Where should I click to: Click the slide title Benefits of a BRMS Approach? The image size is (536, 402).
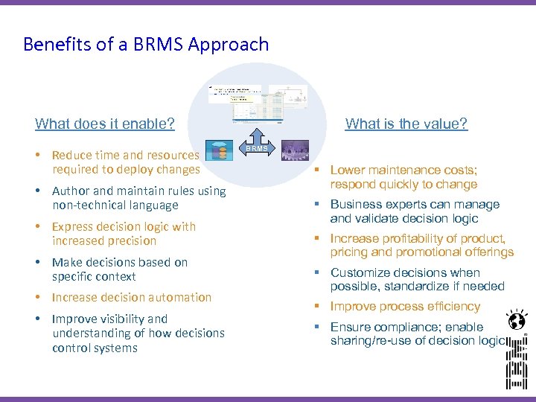click(146, 45)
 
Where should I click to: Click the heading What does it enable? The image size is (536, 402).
click(105, 124)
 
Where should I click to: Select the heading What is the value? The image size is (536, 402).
click(406, 124)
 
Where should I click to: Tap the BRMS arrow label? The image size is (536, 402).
click(258, 149)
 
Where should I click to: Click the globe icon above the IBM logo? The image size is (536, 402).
click(515, 320)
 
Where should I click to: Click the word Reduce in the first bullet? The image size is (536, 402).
click(71, 156)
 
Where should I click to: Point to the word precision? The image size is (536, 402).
click(135, 241)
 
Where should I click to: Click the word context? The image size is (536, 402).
click(115, 277)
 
